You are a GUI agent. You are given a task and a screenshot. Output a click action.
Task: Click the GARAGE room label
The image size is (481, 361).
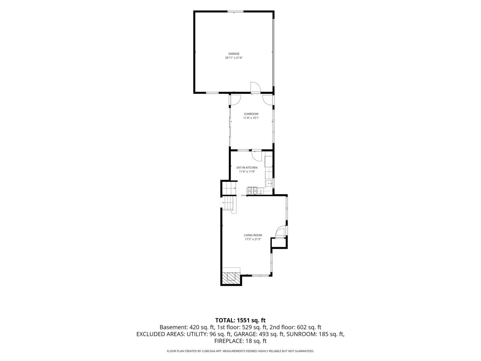point(234,54)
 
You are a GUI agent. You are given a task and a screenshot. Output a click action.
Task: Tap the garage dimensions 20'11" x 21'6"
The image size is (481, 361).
point(234,58)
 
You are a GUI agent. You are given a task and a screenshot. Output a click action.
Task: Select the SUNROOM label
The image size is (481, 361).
point(251,114)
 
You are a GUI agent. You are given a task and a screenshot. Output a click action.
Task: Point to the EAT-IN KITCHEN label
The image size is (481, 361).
point(247,167)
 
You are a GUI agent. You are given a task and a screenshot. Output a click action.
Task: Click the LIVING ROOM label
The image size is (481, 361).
point(253,235)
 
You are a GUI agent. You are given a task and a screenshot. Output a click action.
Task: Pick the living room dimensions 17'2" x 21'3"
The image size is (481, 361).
point(253,239)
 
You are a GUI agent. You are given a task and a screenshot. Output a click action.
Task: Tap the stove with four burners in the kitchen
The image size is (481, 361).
point(252,191)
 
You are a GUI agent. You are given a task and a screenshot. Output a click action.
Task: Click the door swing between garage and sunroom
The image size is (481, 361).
point(256,88)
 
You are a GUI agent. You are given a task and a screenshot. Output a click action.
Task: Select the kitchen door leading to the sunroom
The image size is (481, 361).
point(257,156)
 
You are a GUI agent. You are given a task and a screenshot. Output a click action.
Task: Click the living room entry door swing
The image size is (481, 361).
point(281,231)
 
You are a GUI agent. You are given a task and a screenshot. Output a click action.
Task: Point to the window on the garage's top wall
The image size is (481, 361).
point(235,11)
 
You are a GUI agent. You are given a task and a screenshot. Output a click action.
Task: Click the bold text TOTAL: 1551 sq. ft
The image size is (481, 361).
point(240,320)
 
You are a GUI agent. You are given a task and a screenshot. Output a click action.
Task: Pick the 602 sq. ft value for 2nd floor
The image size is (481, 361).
point(309,327)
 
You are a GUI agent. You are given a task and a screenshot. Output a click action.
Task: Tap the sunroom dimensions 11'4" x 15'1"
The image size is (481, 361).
point(251,118)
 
